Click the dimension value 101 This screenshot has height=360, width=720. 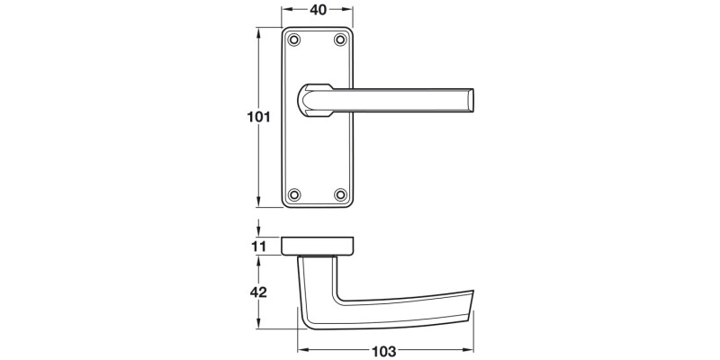coord(257,117)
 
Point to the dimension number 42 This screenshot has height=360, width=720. coord(258,292)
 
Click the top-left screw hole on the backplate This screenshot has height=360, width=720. coord(294,40)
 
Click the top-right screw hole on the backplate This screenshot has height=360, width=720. coord(340,40)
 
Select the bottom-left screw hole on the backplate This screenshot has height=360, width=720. coord(294,193)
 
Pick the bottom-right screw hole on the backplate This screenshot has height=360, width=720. coord(340,193)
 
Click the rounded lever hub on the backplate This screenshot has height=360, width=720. coord(313,100)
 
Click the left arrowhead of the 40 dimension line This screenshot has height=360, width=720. coord(286,11)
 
